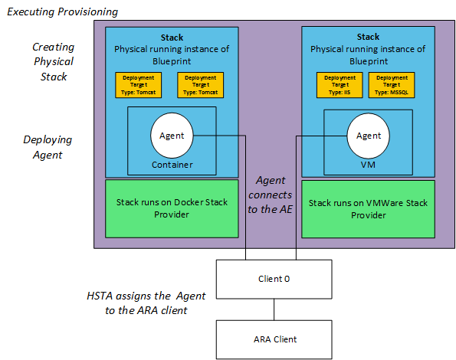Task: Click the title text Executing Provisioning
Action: (62, 11)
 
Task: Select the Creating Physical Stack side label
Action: (54, 61)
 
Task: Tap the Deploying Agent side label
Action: (47, 147)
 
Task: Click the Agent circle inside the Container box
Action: (171, 136)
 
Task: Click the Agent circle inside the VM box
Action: (369, 136)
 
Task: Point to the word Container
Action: (172, 165)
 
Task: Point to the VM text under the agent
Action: (369, 165)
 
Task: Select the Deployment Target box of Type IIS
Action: (340, 85)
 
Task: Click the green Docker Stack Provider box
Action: (172, 208)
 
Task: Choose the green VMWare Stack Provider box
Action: (369, 208)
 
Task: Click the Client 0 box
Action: (274, 279)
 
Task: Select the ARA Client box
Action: (274, 339)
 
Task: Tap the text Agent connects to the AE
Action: (274, 196)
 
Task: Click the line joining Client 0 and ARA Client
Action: (274, 309)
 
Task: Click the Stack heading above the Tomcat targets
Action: (172, 37)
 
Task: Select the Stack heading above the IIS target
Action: (369, 37)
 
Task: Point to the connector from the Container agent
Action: (245, 199)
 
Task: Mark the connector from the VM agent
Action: (296, 199)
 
